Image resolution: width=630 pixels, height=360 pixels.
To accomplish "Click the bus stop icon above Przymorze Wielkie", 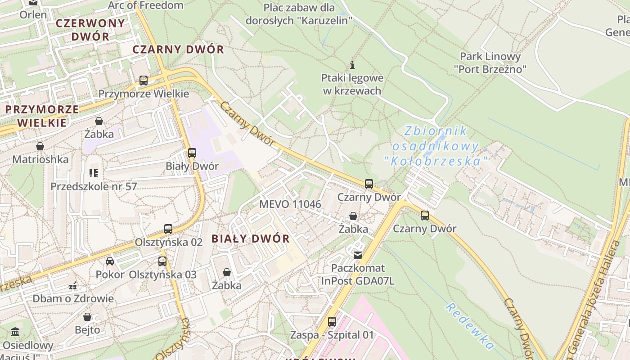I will (144, 81).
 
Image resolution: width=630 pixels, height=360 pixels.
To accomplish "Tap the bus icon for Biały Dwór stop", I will (192, 153).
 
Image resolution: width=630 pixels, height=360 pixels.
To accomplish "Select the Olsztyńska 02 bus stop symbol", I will (168, 229).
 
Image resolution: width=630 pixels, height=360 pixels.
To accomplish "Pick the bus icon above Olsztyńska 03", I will (162, 261).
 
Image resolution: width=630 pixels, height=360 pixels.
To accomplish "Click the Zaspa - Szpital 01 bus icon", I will (332, 322).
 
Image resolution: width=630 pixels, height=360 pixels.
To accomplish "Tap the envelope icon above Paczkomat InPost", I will (358, 255).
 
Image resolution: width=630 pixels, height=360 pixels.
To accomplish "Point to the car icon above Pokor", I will (110, 261).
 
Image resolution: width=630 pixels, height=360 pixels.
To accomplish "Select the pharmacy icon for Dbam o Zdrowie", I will (73, 285).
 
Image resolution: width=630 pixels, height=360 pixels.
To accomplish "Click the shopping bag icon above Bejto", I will (87, 317).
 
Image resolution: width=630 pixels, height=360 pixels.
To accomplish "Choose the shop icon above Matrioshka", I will (40, 146).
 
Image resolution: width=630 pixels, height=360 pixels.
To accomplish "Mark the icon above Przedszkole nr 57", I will (94, 173).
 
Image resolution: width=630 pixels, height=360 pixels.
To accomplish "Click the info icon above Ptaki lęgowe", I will (352, 65).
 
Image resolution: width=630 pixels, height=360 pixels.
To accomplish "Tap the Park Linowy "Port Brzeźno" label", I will (490, 63).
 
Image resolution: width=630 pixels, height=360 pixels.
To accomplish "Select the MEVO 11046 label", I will (290, 204).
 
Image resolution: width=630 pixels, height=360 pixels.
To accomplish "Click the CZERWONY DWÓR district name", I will (90, 30).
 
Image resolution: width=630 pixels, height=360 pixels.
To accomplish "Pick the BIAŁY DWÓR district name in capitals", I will (251, 238).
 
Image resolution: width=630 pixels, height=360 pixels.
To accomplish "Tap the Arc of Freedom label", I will (146, 5).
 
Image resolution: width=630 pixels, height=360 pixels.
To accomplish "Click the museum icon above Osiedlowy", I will (16, 332).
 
